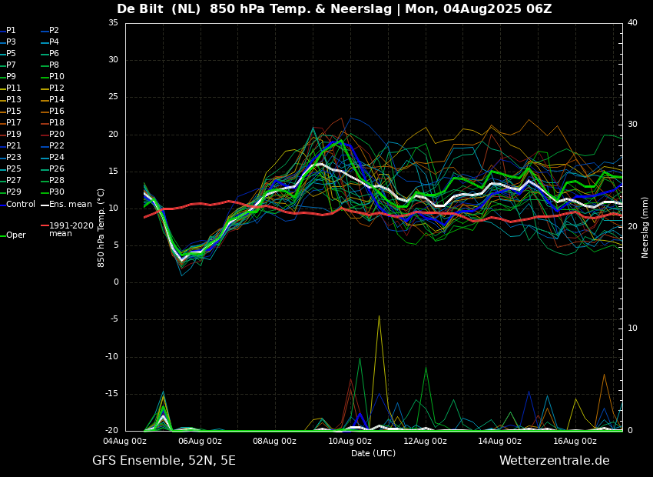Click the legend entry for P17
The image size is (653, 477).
[x=14, y=123]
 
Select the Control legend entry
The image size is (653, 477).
[x=20, y=204]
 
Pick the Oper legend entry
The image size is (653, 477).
[x=15, y=235]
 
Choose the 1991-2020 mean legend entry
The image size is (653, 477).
[x=71, y=229]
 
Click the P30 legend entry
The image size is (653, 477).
[x=57, y=192]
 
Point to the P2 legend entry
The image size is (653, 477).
[x=54, y=31]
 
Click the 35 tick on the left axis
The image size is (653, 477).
[x=113, y=23]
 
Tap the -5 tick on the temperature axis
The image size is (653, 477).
[x=114, y=319]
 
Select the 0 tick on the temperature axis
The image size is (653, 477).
[x=116, y=282]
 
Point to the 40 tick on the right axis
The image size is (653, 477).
[x=632, y=23]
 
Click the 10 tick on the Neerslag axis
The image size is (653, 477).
[x=632, y=329]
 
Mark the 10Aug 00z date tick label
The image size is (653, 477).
[x=350, y=441]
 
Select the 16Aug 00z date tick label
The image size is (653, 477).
[x=575, y=441]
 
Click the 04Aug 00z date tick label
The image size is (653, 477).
[x=125, y=441]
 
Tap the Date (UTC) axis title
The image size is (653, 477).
[x=373, y=453]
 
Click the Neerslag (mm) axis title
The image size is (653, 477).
[x=645, y=226]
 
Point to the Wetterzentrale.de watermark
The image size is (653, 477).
[x=554, y=461]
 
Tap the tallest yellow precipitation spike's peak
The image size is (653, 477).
[x=379, y=315]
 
